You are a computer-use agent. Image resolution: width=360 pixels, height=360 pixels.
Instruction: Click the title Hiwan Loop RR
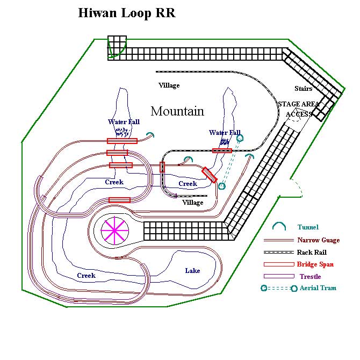point(127,13)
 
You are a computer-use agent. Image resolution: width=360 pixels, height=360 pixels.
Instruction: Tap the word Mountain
point(177,111)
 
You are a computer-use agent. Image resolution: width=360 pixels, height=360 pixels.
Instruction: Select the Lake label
point(192,270)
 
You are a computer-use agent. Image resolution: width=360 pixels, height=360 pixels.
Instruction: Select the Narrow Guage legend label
point(318,240)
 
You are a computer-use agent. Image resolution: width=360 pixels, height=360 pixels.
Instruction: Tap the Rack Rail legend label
point(311,252)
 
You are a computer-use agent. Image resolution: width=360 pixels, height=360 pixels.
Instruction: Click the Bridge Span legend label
point(315,264)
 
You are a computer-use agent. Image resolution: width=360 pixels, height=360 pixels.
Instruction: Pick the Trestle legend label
point(310,276)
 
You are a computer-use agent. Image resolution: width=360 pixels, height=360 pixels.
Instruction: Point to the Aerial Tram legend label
point(317,288)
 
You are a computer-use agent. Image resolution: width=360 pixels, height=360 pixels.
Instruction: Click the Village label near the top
point(169,85)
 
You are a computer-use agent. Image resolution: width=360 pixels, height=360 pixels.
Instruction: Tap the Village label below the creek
point(193,203)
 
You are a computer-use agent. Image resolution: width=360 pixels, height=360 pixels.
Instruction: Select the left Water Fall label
point(124,122)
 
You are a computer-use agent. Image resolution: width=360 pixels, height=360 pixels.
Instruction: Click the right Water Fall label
point(225,133)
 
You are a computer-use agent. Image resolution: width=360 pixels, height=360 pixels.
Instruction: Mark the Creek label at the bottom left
point(86,276)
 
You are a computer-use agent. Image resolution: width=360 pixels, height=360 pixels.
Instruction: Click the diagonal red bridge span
point(210,175)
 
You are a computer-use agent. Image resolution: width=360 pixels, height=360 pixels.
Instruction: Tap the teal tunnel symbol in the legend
point(278,227)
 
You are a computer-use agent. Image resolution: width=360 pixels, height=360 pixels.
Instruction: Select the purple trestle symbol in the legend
point(279,276)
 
